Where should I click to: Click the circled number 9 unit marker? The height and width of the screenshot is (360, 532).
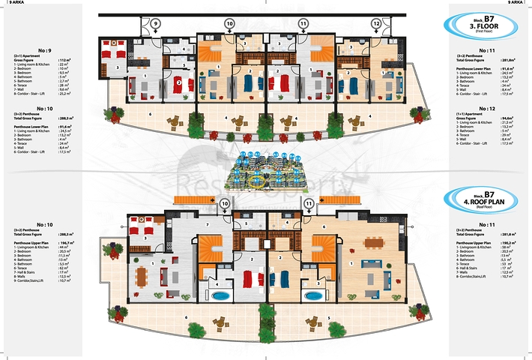[x=155, y=24]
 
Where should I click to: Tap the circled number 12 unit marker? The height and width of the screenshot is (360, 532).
[x=376, y=24]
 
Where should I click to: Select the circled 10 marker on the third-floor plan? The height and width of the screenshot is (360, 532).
[x=229, y=24]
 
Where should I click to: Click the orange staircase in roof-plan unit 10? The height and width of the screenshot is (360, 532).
[x=211, y=247]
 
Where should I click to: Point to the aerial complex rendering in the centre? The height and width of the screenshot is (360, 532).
[x=266, y=171]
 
